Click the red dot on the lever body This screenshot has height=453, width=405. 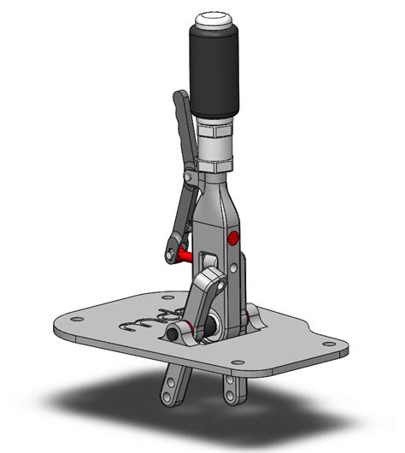coord(234,238)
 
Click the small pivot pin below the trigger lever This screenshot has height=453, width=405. coord(187,177)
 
